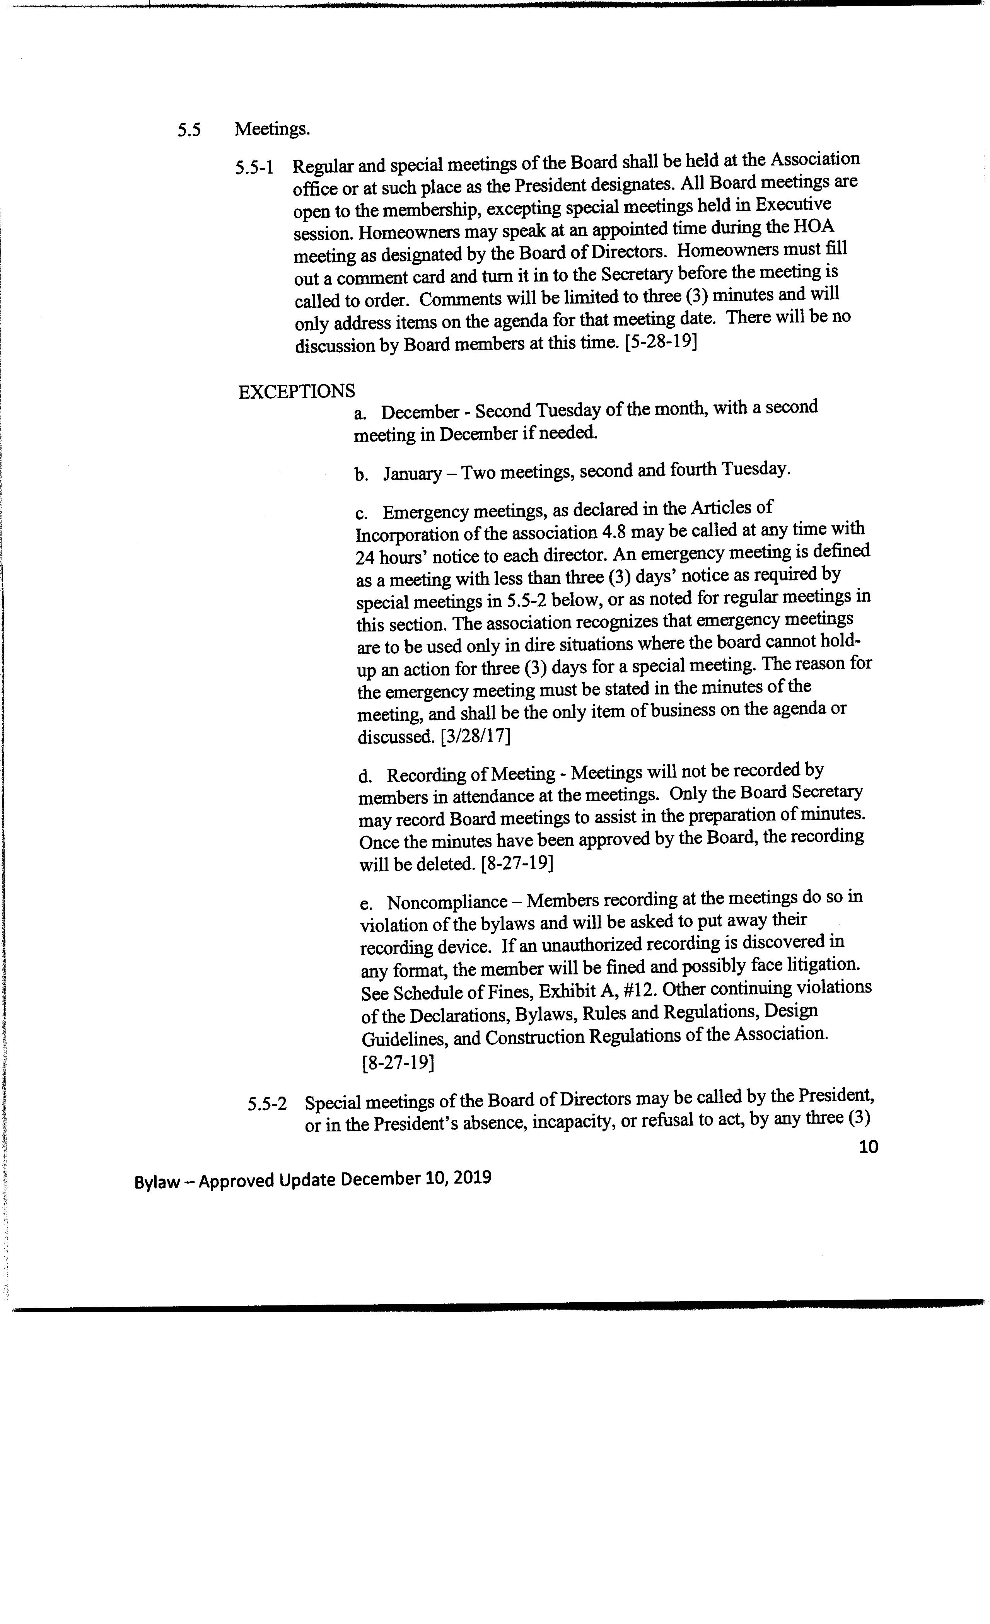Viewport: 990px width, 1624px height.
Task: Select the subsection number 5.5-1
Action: click(254, 167)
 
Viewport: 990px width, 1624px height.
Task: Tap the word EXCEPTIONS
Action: click(297, 391)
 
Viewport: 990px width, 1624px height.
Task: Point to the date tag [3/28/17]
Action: click(475, 735)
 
